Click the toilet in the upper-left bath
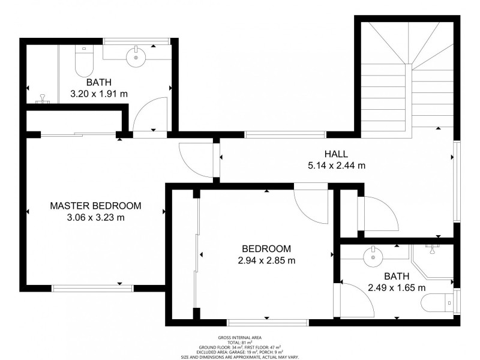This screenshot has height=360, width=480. pyautogui.click(x=82, y=61)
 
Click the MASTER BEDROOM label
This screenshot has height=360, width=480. pyautogui.click(x=95, y=206)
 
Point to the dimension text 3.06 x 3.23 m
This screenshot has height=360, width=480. pyautogui.click(x=95, y=218)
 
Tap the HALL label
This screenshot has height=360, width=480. pyautogui.click(x=336, y=154)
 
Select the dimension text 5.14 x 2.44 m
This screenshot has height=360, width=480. pyautogui.click(x=336, y=166)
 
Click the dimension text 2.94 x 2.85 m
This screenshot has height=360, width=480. pyautogui.click(x=266, y=260)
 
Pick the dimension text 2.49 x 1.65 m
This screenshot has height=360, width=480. pyautogui.click(x=397, y=288)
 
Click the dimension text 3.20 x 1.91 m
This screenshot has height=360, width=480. pyautogui.click(x=99, y=94)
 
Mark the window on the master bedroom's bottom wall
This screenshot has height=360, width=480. pyautogui.click(x=92, y=288)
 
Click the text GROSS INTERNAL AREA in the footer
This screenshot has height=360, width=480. pyautogui.click(x=239, y=338)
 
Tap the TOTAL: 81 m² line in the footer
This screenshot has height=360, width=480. pyautogui.click(x=239, y=343)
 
